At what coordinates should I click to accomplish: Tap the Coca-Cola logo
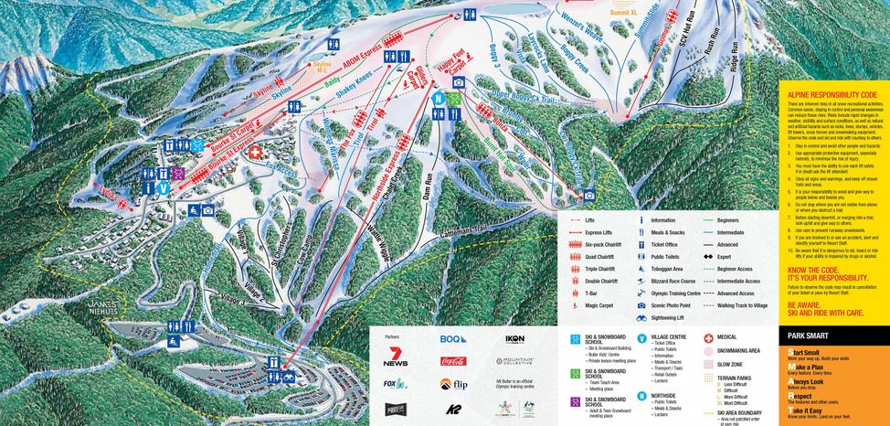453,361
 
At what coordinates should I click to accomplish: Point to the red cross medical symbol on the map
255,153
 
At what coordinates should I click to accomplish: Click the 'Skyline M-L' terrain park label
323,66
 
